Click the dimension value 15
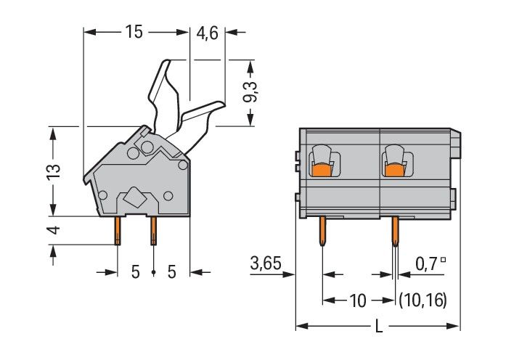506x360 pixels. tap(133, 32)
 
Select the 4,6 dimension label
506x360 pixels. tap(208, 32)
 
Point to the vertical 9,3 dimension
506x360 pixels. tap(250, 93)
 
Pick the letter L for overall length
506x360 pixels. tap(378, 327)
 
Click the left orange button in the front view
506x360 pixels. tap(322, 170)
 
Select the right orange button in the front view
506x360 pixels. tap(394, 170)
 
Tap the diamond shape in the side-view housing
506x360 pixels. tap(136, 196)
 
